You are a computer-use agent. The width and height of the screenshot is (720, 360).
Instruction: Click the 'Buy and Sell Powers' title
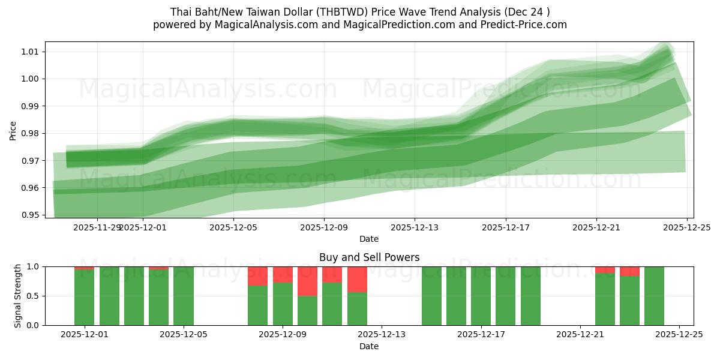click(369, 257)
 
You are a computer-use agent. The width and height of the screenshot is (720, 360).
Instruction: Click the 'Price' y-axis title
click(13, 130)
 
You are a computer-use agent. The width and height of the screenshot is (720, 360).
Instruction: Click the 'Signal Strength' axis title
click(17, 296)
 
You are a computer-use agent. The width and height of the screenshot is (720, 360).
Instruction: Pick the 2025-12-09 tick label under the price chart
click(324, 228)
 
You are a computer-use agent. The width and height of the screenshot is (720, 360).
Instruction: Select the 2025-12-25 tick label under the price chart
click(687, 228)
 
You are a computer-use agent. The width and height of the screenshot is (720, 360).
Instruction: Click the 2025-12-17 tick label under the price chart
click(506, 228)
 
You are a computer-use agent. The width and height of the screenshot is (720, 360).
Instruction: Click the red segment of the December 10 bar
click(307, 281)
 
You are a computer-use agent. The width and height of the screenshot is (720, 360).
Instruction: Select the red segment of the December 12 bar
click(357, 279)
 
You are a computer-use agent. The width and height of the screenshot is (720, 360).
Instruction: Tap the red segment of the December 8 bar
click(258, 276)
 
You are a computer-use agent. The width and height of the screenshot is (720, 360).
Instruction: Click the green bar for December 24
click(654, 296)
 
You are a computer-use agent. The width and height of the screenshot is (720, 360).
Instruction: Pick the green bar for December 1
click(84, 298)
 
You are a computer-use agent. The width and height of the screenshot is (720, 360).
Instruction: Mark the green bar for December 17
click(481, 296)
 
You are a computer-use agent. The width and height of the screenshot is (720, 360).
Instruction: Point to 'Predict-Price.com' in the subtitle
click(523, 25)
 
